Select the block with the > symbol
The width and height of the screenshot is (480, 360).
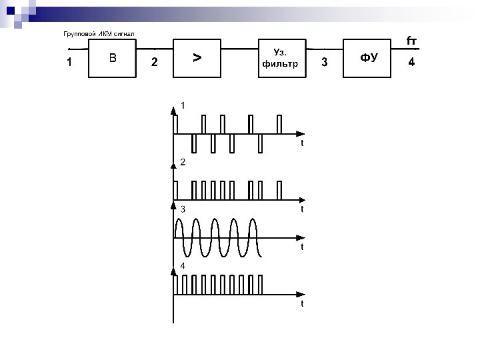coord(197,58)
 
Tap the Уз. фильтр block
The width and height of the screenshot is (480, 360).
coord(281,58)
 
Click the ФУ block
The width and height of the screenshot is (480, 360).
coord(369,58)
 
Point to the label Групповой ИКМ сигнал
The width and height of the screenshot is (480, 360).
coord(98,33)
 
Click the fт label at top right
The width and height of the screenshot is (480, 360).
coord(412,41)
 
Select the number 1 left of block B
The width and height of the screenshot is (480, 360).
coord(69,63)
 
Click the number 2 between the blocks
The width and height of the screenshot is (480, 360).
coord(155,63)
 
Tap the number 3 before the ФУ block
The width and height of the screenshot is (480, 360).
coord(324,63)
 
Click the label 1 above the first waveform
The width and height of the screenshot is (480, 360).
coord(183,106)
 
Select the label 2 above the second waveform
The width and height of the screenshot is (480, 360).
coord(182,163)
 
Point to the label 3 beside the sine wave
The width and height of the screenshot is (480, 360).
coord(183,209)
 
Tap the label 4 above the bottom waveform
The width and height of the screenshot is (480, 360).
coord(183,265)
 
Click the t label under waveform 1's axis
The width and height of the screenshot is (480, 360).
coord(302,143)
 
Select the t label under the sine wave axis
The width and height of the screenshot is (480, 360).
coord(302,247)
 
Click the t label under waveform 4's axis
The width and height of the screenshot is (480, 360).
coord(302,303)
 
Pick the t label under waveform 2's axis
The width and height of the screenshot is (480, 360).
coord(302,209)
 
